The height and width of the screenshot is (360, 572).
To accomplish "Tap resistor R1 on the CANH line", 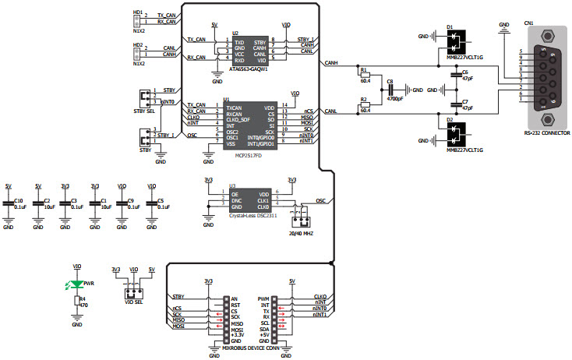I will point(364,75).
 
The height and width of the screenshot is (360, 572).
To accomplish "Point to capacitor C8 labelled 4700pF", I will point(391,90).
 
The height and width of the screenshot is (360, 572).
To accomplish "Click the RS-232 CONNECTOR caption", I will point(547,134).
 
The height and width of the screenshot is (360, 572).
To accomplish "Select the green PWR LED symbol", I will point(77,284).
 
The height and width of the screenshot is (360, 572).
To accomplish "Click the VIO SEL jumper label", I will point(133,302).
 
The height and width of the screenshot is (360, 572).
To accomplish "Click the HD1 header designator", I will point(138,14).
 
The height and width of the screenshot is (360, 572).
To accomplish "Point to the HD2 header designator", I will point(138,45).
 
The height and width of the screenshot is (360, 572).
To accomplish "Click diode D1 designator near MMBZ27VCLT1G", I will point(450,26).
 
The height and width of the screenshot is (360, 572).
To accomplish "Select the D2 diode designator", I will point(450,119).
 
